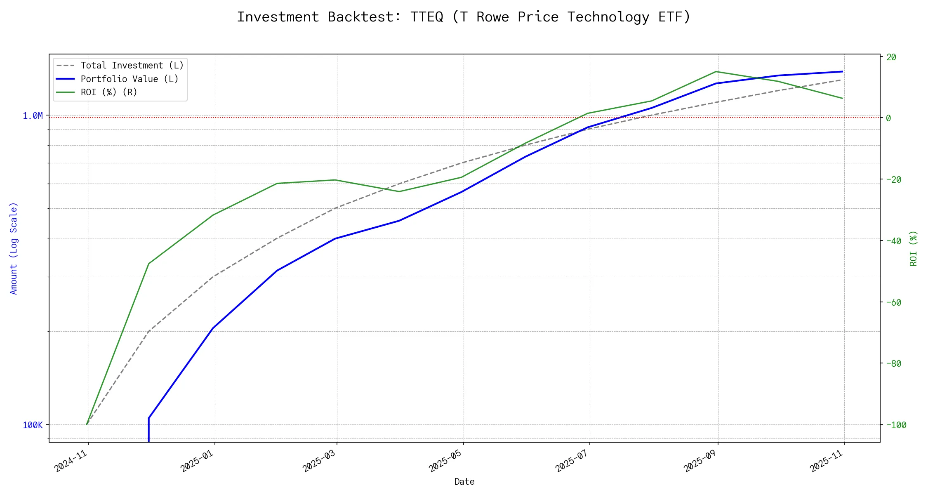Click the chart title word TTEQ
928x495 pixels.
pos(426,17)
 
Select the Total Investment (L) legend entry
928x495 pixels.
pos(132,66)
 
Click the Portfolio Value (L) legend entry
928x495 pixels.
pos(130,79)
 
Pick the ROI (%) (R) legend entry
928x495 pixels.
pos(109,92)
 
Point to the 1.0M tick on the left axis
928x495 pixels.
pos(33,116)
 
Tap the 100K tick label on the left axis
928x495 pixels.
pos(33,425)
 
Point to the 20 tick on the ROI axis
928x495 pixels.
pos(891,57)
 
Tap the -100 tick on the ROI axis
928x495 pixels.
pos(895,425)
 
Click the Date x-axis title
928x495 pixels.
pos(464,481)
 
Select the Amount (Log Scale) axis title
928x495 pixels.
pos(14,248)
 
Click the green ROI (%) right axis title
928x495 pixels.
pos(914,248)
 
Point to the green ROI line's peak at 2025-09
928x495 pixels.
pos(716,72)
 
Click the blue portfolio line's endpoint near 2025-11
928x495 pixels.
pos(842,71)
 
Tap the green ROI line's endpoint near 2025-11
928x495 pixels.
pos(842,98)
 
